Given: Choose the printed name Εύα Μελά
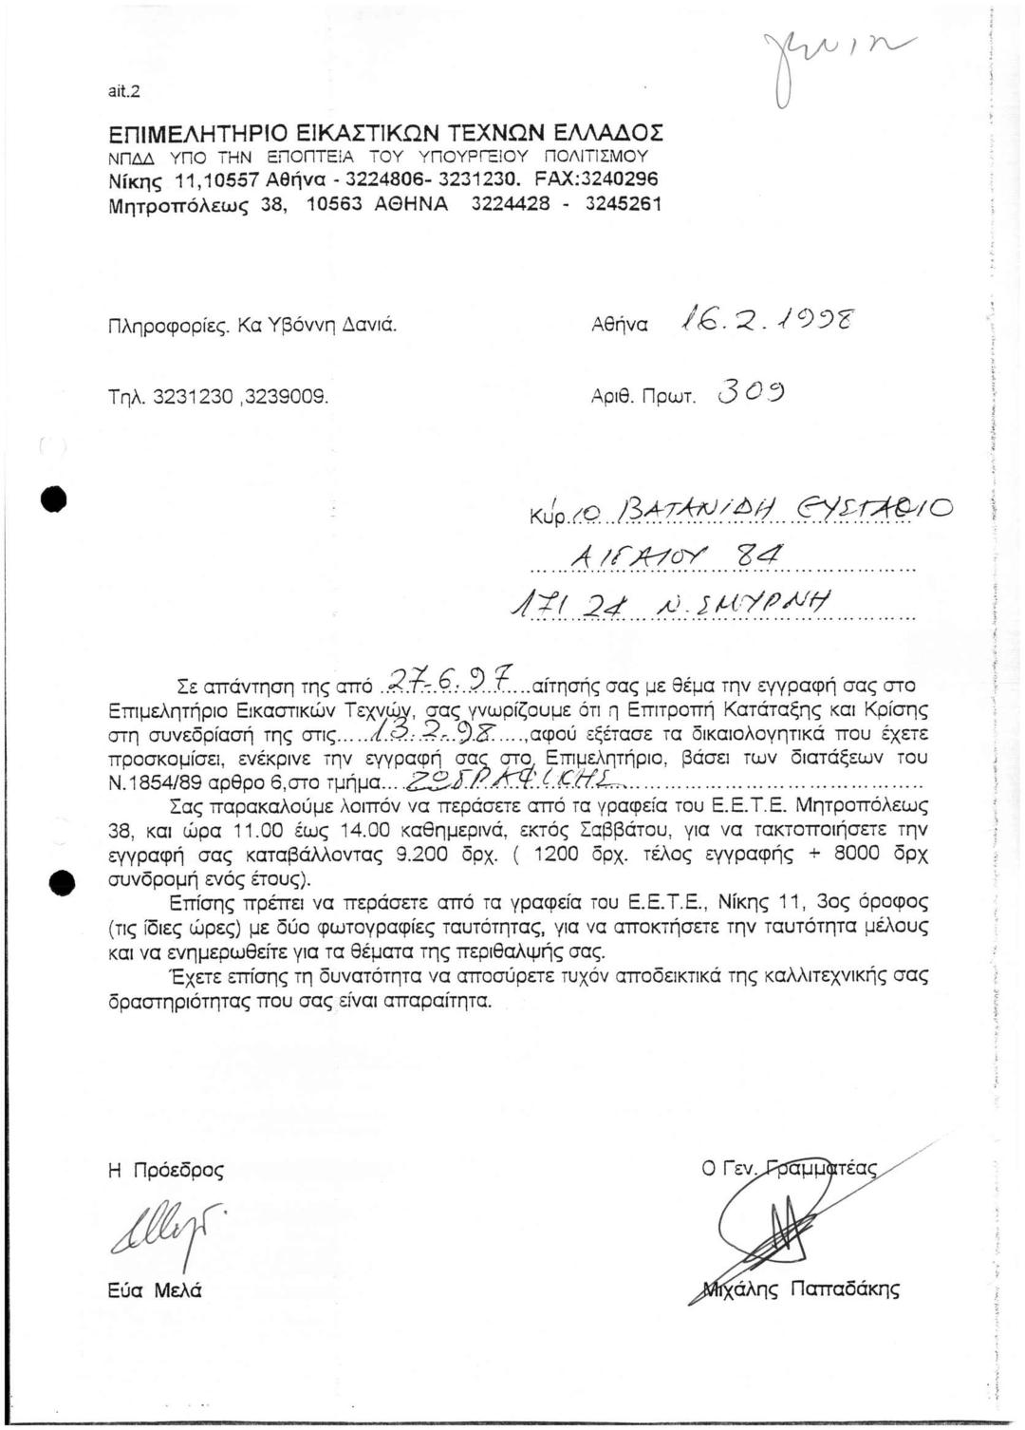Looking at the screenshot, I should click(156, 1290).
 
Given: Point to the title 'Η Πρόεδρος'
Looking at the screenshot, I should click(165, 1171).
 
